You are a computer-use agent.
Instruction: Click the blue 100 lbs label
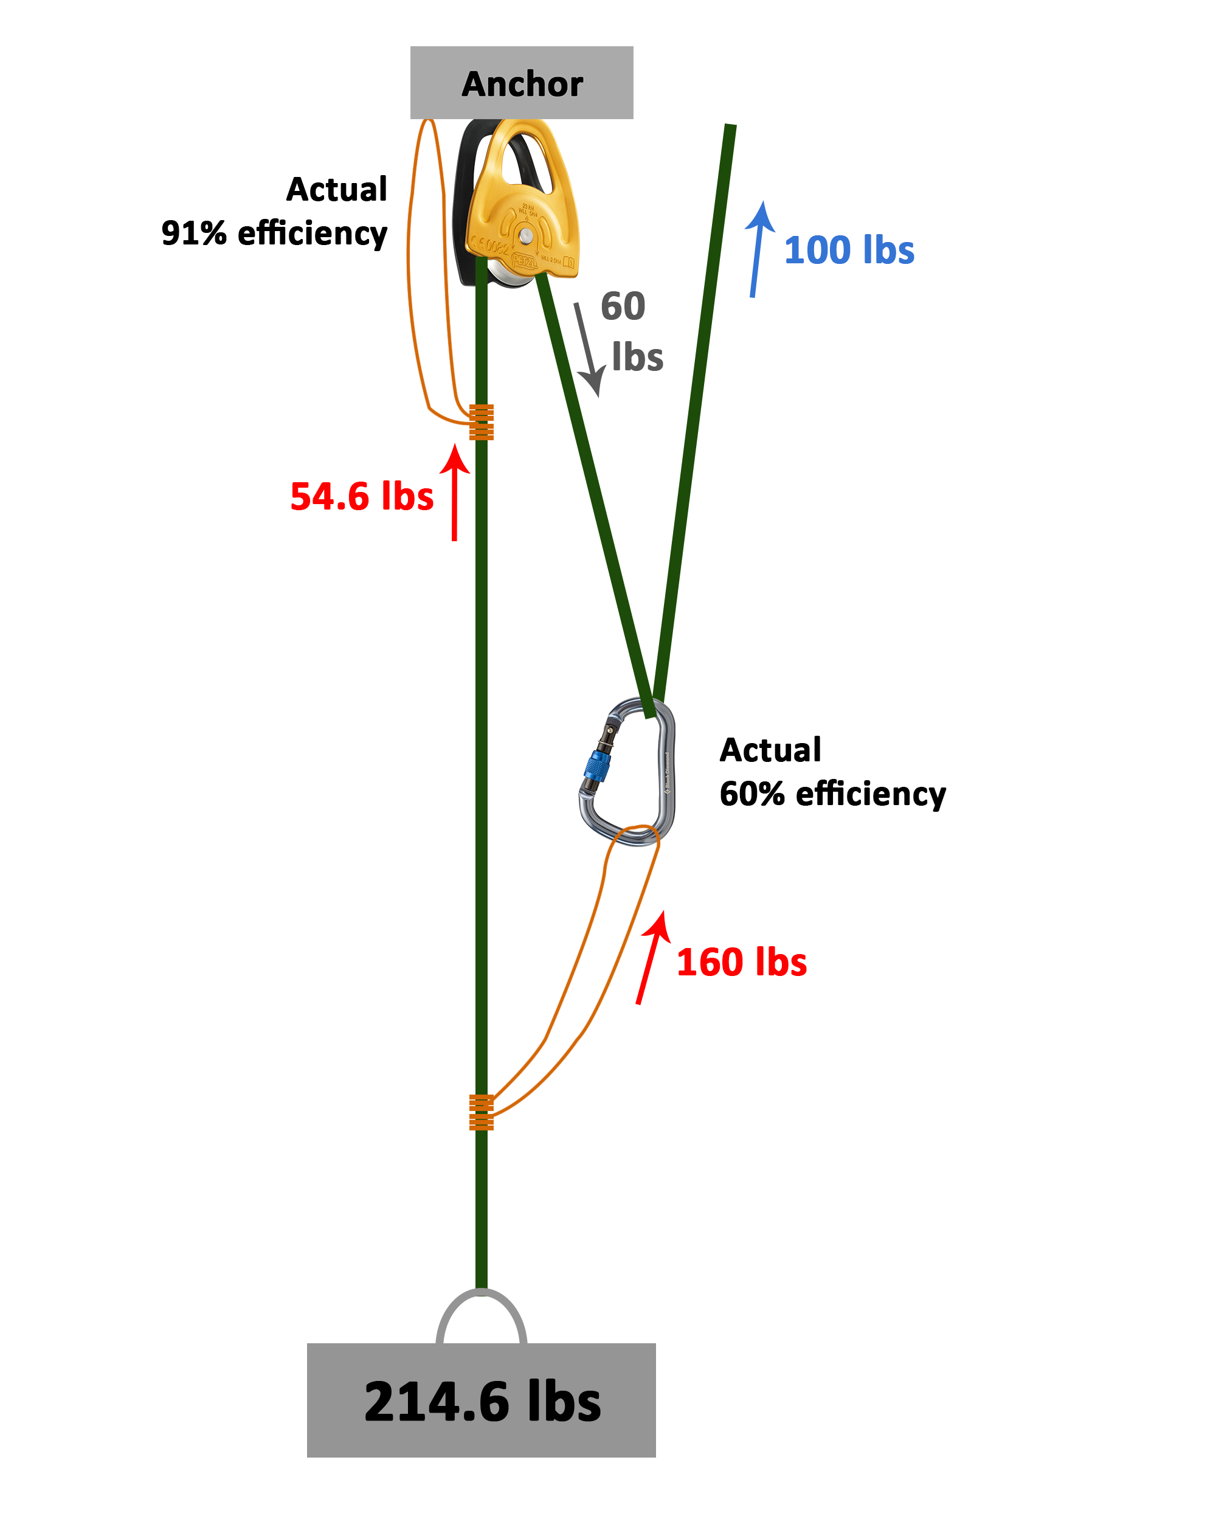(848, 250)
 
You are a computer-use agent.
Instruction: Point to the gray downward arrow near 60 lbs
(587, 349)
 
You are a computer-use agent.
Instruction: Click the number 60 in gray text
(622, 306)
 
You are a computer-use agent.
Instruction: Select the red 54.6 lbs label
(361, 496)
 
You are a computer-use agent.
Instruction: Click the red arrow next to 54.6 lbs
(454, 493)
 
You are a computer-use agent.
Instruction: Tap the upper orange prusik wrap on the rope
(481, 422)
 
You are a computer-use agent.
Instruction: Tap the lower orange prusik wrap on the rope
(481, 1112)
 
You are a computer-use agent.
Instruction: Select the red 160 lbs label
(741, 963)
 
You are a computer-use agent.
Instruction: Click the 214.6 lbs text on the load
(482, 1402)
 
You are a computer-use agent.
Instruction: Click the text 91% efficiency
(274, 232)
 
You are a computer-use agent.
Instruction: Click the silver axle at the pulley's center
(525, 234)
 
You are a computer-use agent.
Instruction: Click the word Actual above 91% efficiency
(337, 189)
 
